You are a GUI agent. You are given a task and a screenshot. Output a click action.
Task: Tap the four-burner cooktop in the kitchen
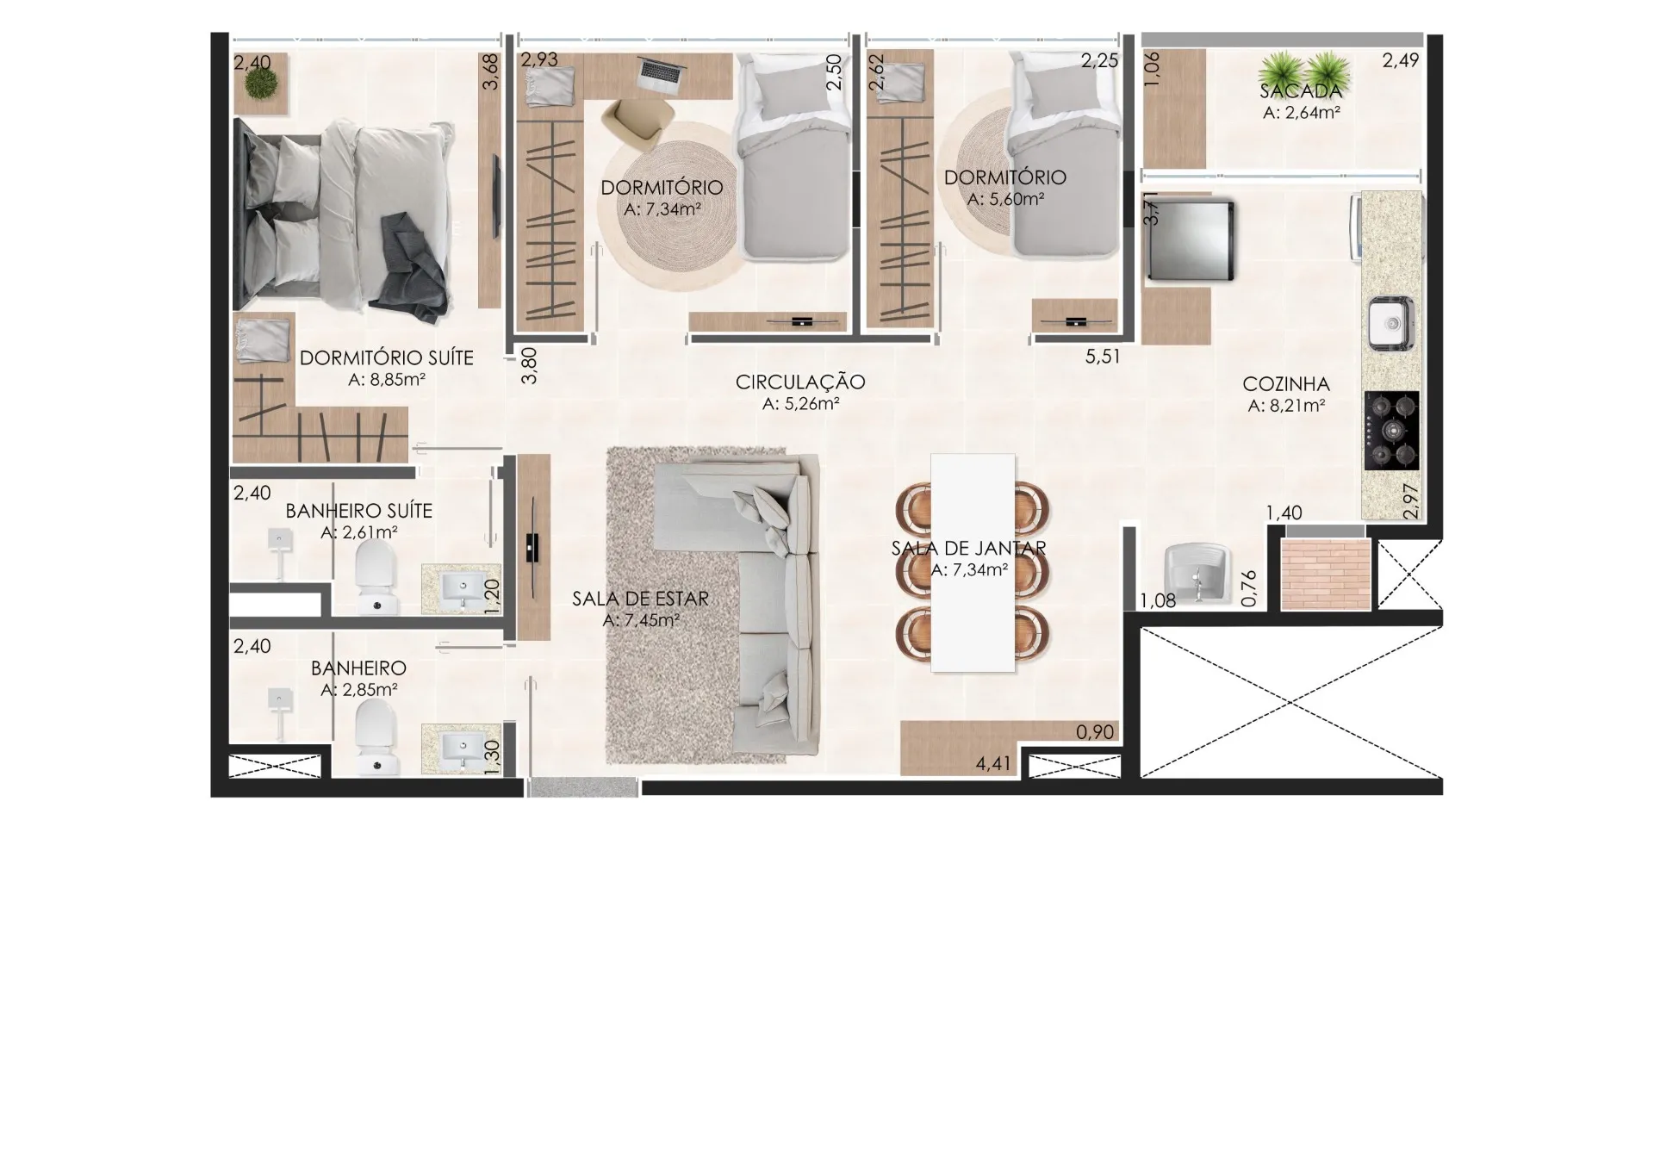pos(1391,431)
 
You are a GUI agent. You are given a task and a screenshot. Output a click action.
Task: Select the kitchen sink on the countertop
pos(1391,323)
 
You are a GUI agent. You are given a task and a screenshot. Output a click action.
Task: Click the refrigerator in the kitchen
pos(1189,240)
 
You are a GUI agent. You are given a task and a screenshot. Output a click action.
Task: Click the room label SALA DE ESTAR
pos(640,599)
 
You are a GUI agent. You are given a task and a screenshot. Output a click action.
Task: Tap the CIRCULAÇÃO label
pos(800,382)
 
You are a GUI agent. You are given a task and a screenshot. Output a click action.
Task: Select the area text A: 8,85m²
pos(387,380)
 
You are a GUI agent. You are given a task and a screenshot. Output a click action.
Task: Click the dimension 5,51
pos(1103,357)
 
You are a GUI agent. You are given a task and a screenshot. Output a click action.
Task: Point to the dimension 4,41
pos(992,763)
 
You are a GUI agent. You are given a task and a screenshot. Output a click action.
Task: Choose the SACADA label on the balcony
pos(1301,90)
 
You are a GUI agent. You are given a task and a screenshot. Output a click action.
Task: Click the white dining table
pos(973,562)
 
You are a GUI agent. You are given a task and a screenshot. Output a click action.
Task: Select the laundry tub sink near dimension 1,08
pos(1196,575)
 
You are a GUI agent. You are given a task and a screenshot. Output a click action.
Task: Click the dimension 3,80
pos(530,365)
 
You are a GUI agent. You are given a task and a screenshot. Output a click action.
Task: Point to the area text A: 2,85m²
pos(359,690)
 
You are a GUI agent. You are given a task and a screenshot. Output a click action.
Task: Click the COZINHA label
pos(1286,384)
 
